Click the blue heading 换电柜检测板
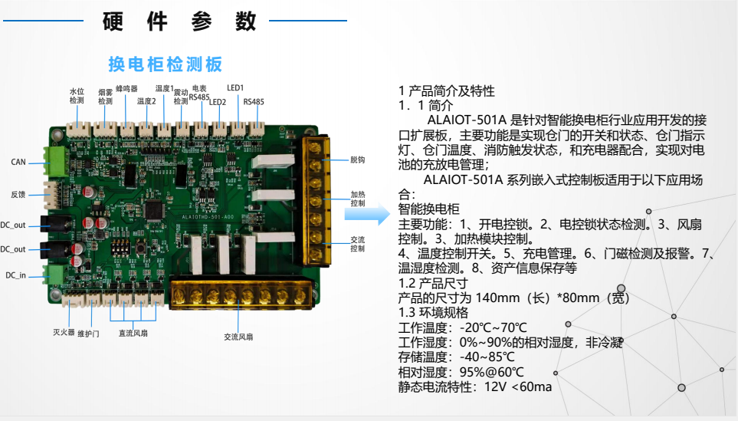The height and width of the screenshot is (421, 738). tap(166, 64)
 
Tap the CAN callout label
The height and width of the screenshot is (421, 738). tap(18, 162)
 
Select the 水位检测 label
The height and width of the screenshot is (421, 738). tap(77, 96)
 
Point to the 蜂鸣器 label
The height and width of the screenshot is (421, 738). tap(126, 88)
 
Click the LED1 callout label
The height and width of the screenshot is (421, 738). tap(235, 88)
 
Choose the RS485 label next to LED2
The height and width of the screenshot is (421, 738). tap(254, 102)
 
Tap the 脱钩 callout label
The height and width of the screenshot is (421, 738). tap(358, 160)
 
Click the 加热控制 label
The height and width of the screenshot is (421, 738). tap(358, 199)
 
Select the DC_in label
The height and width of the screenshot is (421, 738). tap(15, 275)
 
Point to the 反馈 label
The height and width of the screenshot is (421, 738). tap(18, 195)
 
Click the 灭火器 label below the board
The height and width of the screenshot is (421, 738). tap(64, 333)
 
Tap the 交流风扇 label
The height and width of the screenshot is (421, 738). tap(238, 337)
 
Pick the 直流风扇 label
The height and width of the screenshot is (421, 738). tap(133, 334)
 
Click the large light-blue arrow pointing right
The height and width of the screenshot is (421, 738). tap(367, 214)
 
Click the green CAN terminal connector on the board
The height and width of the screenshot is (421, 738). tap(55, 161)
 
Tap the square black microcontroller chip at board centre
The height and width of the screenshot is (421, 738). tap(155, 210)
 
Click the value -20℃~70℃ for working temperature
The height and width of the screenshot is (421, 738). tap(494, 327)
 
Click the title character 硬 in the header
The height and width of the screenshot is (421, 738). tap(113, 21)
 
